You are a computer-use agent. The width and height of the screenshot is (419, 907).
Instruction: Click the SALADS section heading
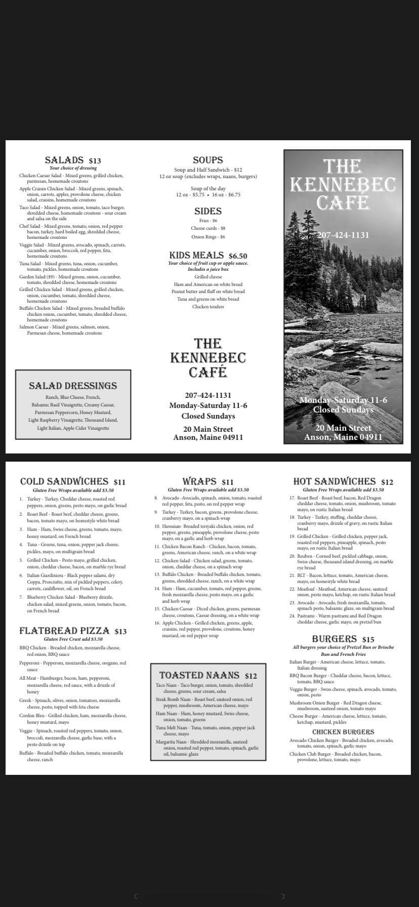coord(64,160)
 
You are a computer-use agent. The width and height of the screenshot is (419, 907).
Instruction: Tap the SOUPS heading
coord(207,160)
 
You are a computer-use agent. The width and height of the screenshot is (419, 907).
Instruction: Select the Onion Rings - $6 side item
coord(207,237)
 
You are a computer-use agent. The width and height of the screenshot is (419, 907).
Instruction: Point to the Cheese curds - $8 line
coord(207,228)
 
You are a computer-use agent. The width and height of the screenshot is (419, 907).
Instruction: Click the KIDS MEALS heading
coord(196,256)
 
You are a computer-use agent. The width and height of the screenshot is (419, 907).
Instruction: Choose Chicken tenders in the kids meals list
coord(207,307)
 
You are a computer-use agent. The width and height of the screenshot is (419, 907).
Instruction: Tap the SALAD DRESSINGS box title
coord(73,386)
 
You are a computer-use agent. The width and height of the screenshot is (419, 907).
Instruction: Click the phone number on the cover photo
coord(343,235)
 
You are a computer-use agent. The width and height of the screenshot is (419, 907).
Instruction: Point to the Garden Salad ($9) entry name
coord(37,277)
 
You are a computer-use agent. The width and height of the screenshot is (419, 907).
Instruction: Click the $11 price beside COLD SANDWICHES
coord(119,482)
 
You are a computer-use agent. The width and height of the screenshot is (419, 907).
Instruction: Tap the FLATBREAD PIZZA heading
coord(64,631)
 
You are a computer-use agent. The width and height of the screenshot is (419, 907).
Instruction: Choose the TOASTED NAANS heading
coord(199,675)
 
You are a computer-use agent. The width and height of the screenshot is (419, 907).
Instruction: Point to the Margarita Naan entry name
coord(173,742)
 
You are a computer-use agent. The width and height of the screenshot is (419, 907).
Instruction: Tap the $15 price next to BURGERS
coord(368,640)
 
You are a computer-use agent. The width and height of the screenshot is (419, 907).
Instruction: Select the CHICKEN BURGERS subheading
coord(343,732)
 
